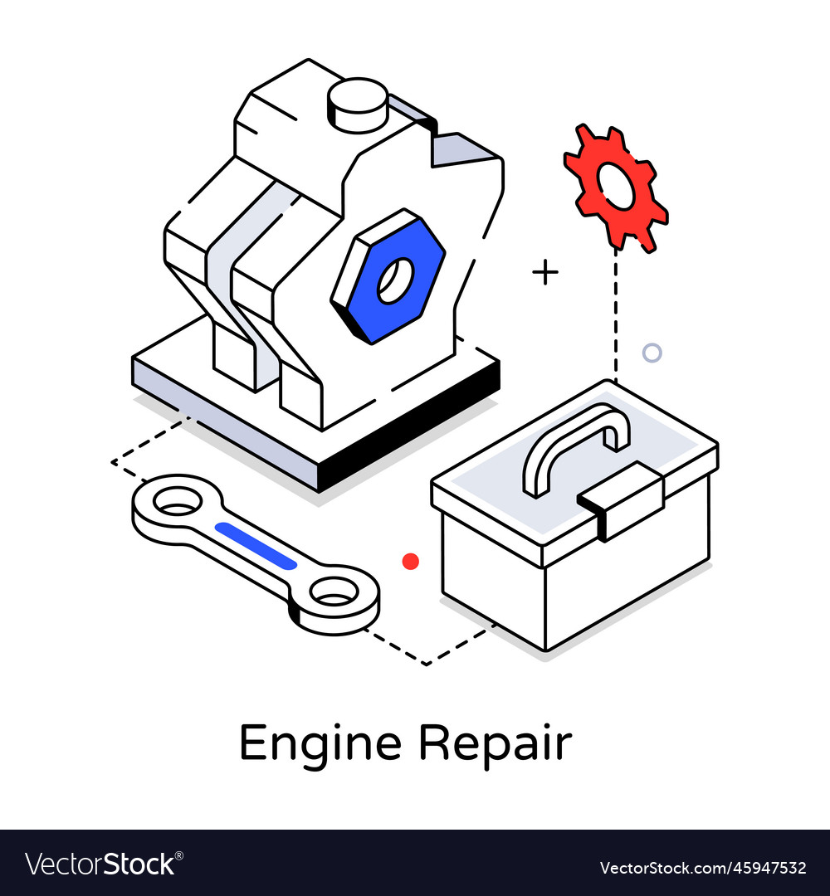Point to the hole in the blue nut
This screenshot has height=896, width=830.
coord(395,280)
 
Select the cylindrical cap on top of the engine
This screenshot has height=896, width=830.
coord(357,104)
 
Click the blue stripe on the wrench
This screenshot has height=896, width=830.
coord(256,546)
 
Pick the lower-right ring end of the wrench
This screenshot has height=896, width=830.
coord(335,596)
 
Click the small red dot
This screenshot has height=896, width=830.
coord(411,562)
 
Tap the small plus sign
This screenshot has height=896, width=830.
coord(545,272)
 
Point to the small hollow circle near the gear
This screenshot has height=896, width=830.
coord(652,353)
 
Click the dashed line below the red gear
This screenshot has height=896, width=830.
coord(616,315)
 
